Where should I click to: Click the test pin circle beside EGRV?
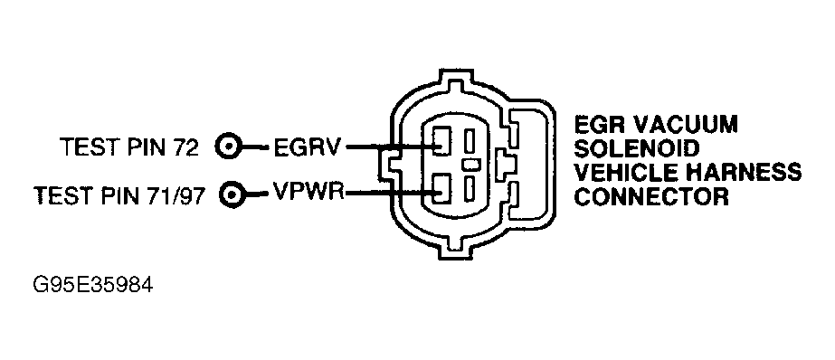click(x=231, y=146)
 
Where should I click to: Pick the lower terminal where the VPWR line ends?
click(x=441, y=190)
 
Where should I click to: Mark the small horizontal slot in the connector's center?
click(x=471, y=166)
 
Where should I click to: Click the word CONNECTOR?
click(x=651, y=196)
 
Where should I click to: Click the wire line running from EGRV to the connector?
click(x=384, y=146)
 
